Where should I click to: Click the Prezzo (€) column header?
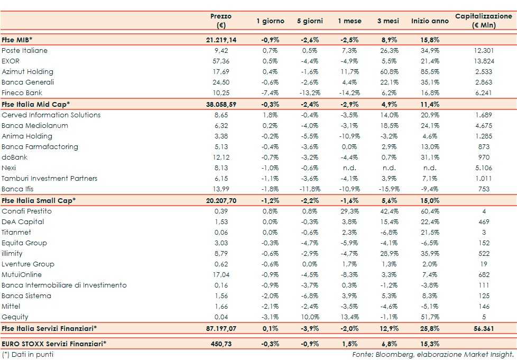coord(221,21)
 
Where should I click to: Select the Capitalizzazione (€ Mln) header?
coord(484,21)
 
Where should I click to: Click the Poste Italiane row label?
coord(25,51)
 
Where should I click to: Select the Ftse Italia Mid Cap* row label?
coord(36,104)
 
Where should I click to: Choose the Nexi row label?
coord(9,168)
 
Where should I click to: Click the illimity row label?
coord(12,254)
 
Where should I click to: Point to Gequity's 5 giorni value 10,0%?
coord(310,317)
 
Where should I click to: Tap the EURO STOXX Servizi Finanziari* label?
coord(54,344)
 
